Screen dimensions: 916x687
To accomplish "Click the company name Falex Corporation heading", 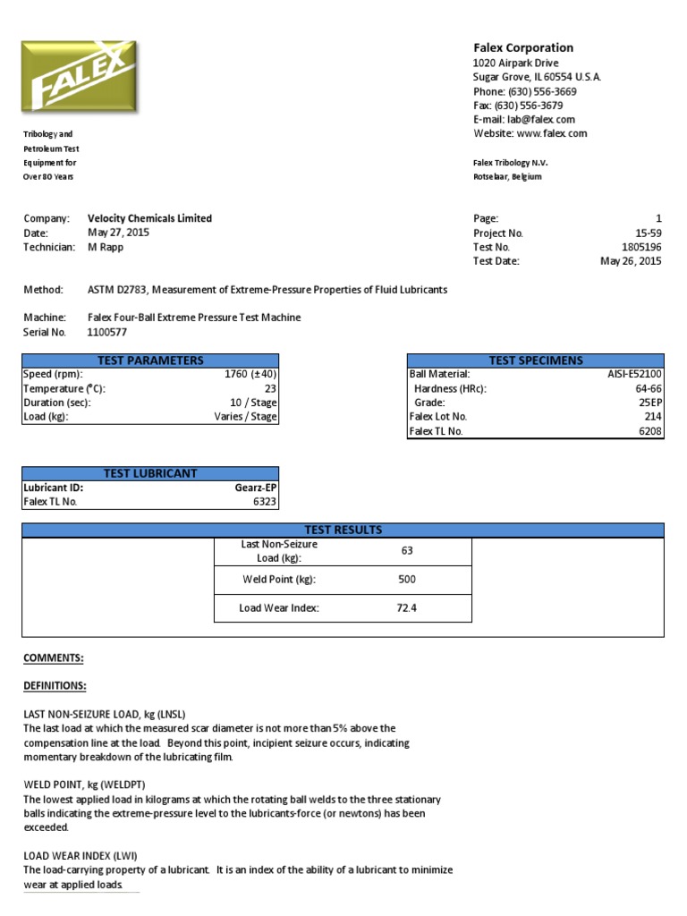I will (523, 47).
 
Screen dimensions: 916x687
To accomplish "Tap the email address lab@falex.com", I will (541, 119).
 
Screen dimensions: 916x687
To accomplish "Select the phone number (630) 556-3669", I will (542, 91).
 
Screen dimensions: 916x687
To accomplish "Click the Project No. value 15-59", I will (649, 233).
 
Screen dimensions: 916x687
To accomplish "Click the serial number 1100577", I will (107, 332).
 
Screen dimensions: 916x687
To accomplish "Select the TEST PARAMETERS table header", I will (151, 360).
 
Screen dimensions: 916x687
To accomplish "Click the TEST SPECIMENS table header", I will (536, 360).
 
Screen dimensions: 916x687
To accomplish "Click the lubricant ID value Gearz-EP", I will (255, 488).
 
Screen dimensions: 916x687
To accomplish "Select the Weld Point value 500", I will (407, 579).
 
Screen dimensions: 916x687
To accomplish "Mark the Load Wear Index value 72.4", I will (407, 608).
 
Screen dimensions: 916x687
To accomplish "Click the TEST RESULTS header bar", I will (343, 530).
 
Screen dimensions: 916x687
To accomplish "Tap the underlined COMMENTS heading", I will (53, 658).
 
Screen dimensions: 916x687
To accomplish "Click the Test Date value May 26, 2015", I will (631, 261).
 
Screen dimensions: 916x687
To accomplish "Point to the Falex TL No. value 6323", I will (264, 502).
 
